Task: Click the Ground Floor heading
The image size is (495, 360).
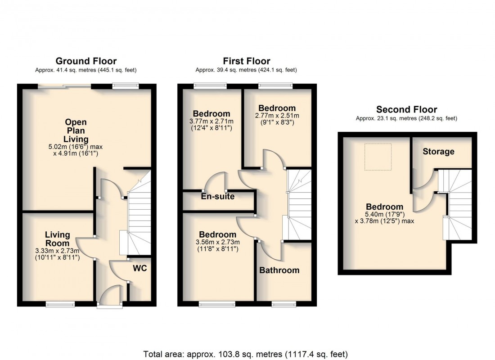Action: click(x=86, y=61)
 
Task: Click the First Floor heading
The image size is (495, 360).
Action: click(x=247, y=61)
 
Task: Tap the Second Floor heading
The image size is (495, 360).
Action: click(x=406, y=109)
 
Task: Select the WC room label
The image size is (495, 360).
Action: click(x=139, y=268)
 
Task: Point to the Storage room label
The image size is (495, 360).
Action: click(x=438, y=152)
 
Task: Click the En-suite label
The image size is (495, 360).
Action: click(x=218, y=197)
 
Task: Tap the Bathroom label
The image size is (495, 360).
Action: click(x=279, y=270)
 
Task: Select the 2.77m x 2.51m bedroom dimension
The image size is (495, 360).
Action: click(x=277, y=116)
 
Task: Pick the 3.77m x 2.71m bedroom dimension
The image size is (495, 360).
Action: click(x=211, y=121)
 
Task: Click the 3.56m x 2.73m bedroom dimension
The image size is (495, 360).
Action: click(x=217, y=243)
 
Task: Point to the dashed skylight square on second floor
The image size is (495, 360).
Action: click(x=378, y=157)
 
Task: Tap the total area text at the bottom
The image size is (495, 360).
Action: click(x=246, y=354)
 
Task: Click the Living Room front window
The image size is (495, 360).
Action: click(x=60, y=305)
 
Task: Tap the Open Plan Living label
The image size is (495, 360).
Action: click(x=76, y=130)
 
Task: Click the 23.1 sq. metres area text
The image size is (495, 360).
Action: click(x=406, y=119)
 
